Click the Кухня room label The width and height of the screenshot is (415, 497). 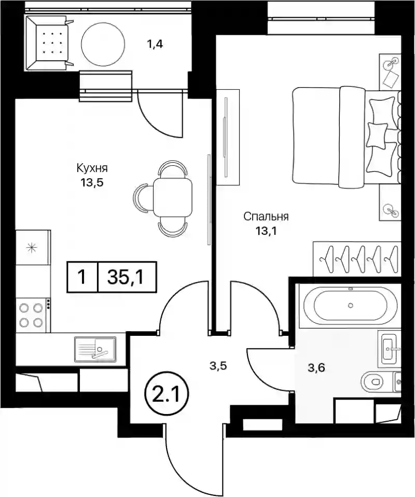tap(92, 168)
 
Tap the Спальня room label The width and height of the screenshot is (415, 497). tap(266, 217)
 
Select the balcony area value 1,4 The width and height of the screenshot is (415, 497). tap(155, 44)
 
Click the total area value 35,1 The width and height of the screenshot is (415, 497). tap(126, 277)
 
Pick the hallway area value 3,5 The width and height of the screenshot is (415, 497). tap(218, 366)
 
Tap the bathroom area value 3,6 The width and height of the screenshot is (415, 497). tap(316, 368)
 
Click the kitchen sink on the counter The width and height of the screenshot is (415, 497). tap(95, 349)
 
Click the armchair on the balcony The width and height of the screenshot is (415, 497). tap(49, 43)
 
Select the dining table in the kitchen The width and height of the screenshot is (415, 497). tap(173, 197)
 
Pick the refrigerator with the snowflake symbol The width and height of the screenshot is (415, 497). tap(33, 247)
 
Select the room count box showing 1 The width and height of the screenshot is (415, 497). tap(82, 277)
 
